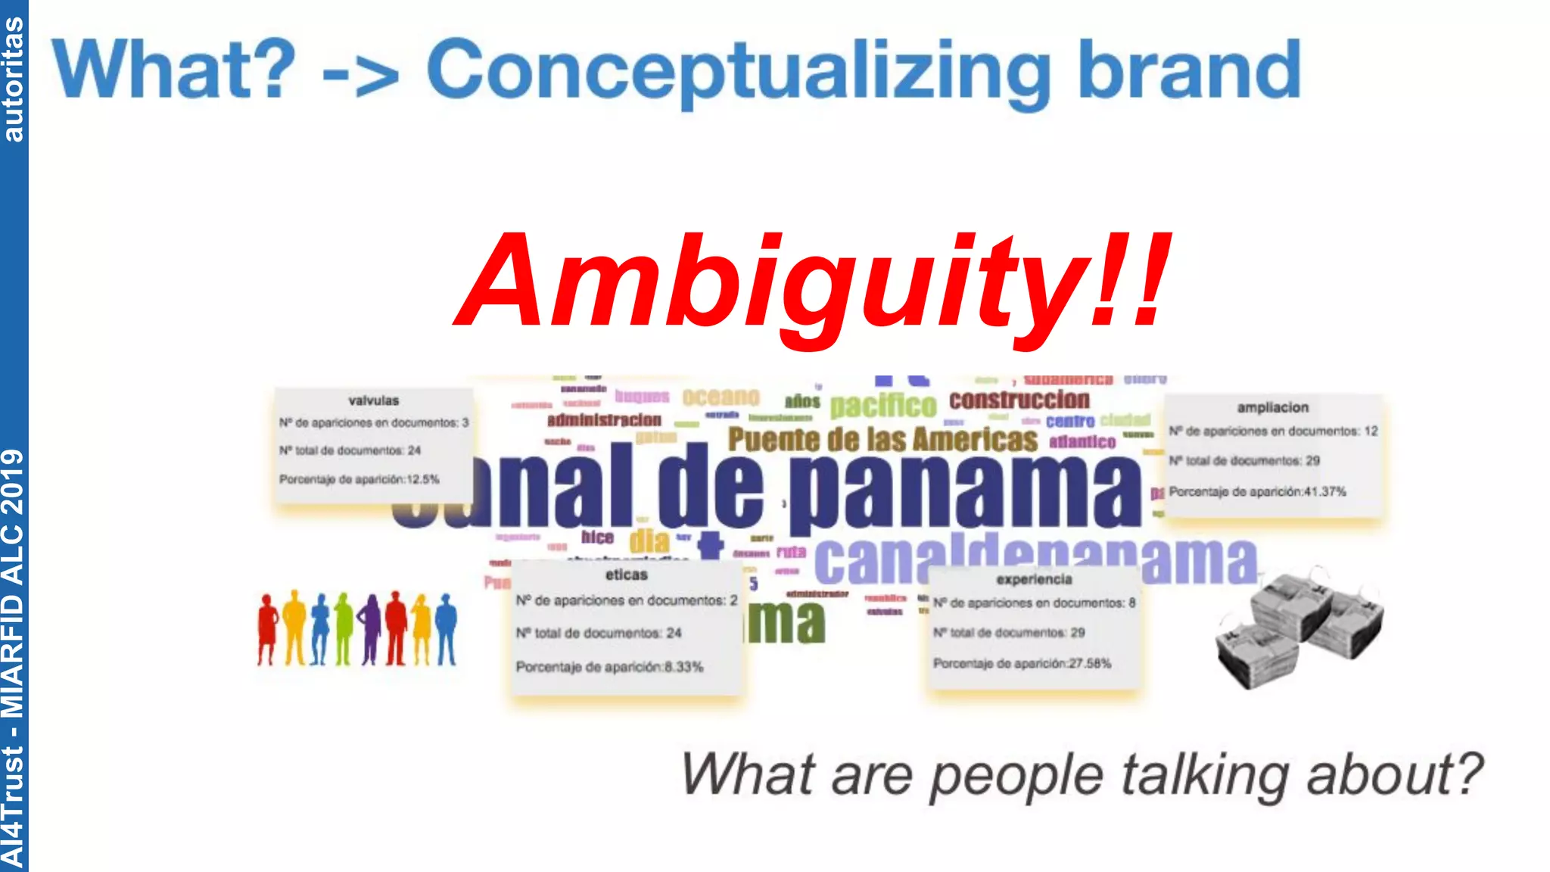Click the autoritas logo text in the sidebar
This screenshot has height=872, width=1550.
[14, 79]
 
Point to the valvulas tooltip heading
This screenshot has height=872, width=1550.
[373, 400]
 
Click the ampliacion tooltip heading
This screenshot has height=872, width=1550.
[1272, 407]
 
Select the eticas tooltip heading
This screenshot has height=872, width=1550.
[626, 575]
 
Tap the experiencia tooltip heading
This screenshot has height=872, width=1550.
[1034, 579]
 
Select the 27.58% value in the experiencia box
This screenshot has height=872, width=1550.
[1090, 663]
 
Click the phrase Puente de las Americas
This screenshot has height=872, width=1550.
[882, 440]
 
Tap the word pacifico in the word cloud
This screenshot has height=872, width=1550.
[882, 405]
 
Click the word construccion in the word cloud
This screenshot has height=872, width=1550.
[1019, 400]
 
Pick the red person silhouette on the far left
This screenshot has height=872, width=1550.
[267, 629]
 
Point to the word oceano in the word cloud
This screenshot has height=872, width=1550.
[721, 397]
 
